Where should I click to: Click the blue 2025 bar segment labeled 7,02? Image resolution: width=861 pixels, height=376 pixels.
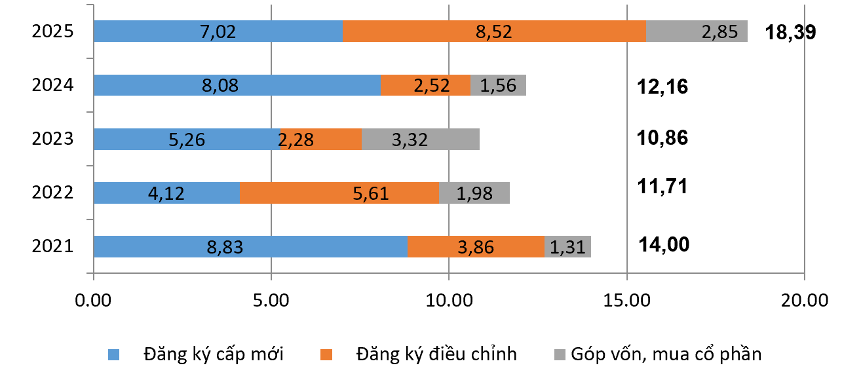click(218, 31)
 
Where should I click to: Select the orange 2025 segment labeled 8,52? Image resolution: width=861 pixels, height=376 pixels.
click(494, 31)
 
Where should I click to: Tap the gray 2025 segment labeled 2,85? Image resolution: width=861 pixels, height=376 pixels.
click(697, 31)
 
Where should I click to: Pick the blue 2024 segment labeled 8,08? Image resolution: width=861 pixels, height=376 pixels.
click(237, 85)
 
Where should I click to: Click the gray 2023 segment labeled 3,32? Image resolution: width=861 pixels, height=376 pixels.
click(420, 139)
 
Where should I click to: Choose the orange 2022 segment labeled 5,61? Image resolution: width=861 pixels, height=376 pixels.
click(339, 193)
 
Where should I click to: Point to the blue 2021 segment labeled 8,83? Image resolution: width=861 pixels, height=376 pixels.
click(250, 246)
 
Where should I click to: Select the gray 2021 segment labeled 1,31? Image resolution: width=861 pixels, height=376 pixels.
click(567, 246)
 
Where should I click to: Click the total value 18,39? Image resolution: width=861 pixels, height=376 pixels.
click(790, 33)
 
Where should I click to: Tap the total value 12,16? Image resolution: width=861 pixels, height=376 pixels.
click(662, 86)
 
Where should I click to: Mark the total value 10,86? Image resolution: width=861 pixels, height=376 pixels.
click(662, 138)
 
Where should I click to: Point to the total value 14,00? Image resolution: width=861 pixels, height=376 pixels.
click(664, 244)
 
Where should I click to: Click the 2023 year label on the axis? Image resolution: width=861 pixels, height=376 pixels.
click(52, 139)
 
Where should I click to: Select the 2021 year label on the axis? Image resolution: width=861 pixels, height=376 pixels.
click(52, 247)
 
